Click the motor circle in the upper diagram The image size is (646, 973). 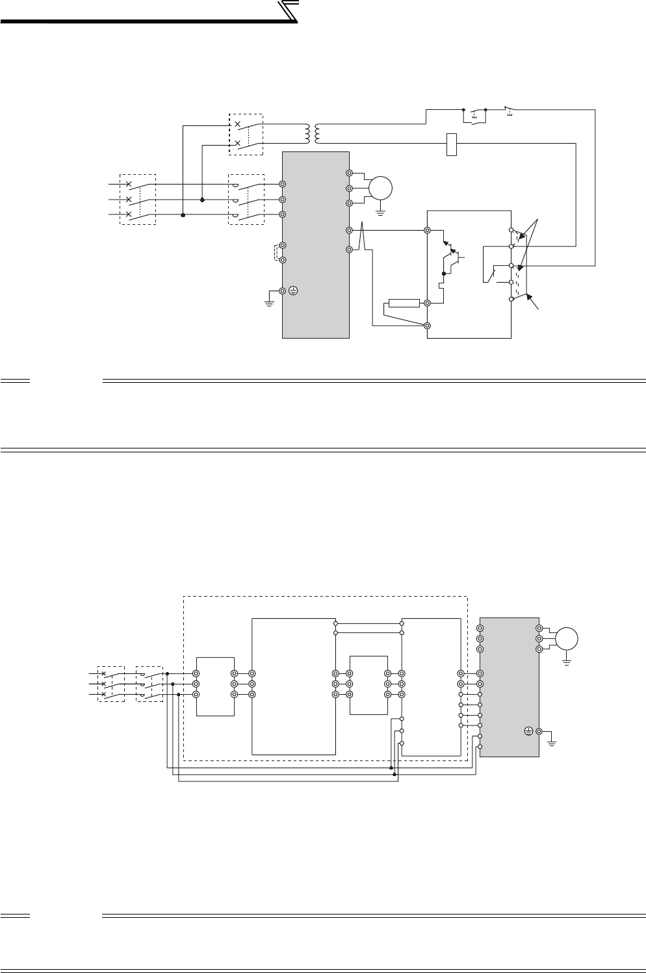click(380, 188)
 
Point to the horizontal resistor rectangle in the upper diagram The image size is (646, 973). click(404, 303)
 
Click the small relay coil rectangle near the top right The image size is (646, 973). click(453, 144)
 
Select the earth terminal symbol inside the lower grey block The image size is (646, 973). click(529, 732)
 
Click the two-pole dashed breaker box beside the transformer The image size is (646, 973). click(246, 134)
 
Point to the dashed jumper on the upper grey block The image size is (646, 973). click(278, 252)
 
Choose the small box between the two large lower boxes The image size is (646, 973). click(368, 684)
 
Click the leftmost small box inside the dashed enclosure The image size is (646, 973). click(214, 685)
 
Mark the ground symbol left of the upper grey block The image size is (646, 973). click(269, 301)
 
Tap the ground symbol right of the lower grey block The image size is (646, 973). click(552, 740)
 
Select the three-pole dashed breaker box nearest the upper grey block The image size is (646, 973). click(246, 200)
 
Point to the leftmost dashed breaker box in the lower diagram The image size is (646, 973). click(110, 684)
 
